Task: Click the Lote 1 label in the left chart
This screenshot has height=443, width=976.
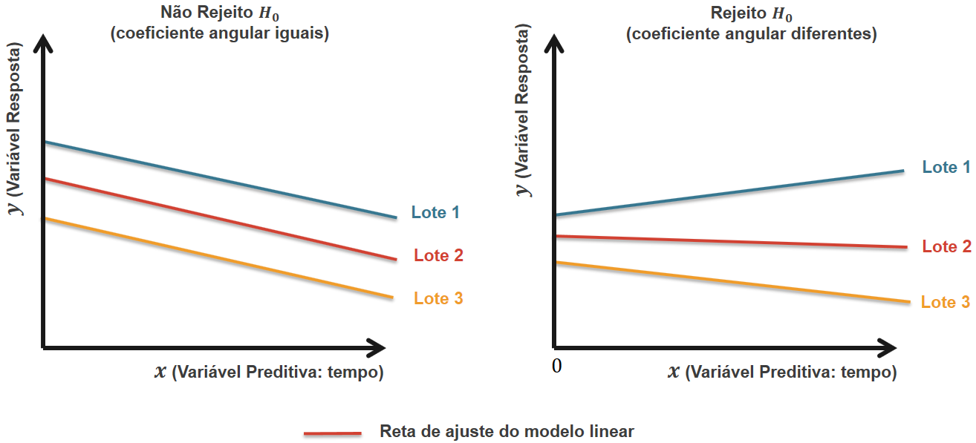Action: pos(435,213)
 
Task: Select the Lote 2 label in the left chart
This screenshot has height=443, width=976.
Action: pos(438,256)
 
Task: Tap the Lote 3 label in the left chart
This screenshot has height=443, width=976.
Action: pos(438,299)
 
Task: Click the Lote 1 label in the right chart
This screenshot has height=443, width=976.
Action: pos(946,168)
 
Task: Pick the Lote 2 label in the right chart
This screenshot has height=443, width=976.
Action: pos(946,247)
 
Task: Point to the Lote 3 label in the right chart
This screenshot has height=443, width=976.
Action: pos(946,303)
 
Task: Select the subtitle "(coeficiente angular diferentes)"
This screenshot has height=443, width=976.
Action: pos(752,34)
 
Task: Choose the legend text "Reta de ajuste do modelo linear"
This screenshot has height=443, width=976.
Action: pos(507,431)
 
